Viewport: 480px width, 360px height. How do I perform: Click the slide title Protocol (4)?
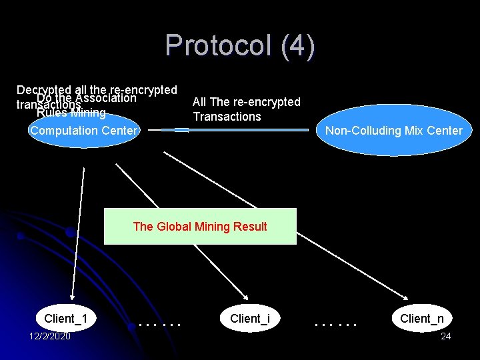(x=240, y=45)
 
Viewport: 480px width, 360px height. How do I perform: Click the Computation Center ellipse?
(x=83, y=131)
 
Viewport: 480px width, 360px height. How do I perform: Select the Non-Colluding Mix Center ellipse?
(x=393, y=131)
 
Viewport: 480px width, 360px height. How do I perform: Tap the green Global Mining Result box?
(x=200, y=227)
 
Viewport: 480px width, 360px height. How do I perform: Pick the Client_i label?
(x=250, y=319)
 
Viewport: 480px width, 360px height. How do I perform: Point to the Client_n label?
(x=422, y=319)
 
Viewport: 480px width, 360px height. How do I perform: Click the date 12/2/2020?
(x=50, y=336)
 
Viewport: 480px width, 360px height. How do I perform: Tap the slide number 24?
(x=446, y=336)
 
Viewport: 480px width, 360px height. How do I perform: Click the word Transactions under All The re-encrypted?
(x=227, y=117)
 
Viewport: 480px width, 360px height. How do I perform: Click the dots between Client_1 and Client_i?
(x=159, y=325)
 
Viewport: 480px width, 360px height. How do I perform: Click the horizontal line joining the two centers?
(x=233, y=130)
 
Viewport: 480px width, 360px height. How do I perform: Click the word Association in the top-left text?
(x=106, y=99)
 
